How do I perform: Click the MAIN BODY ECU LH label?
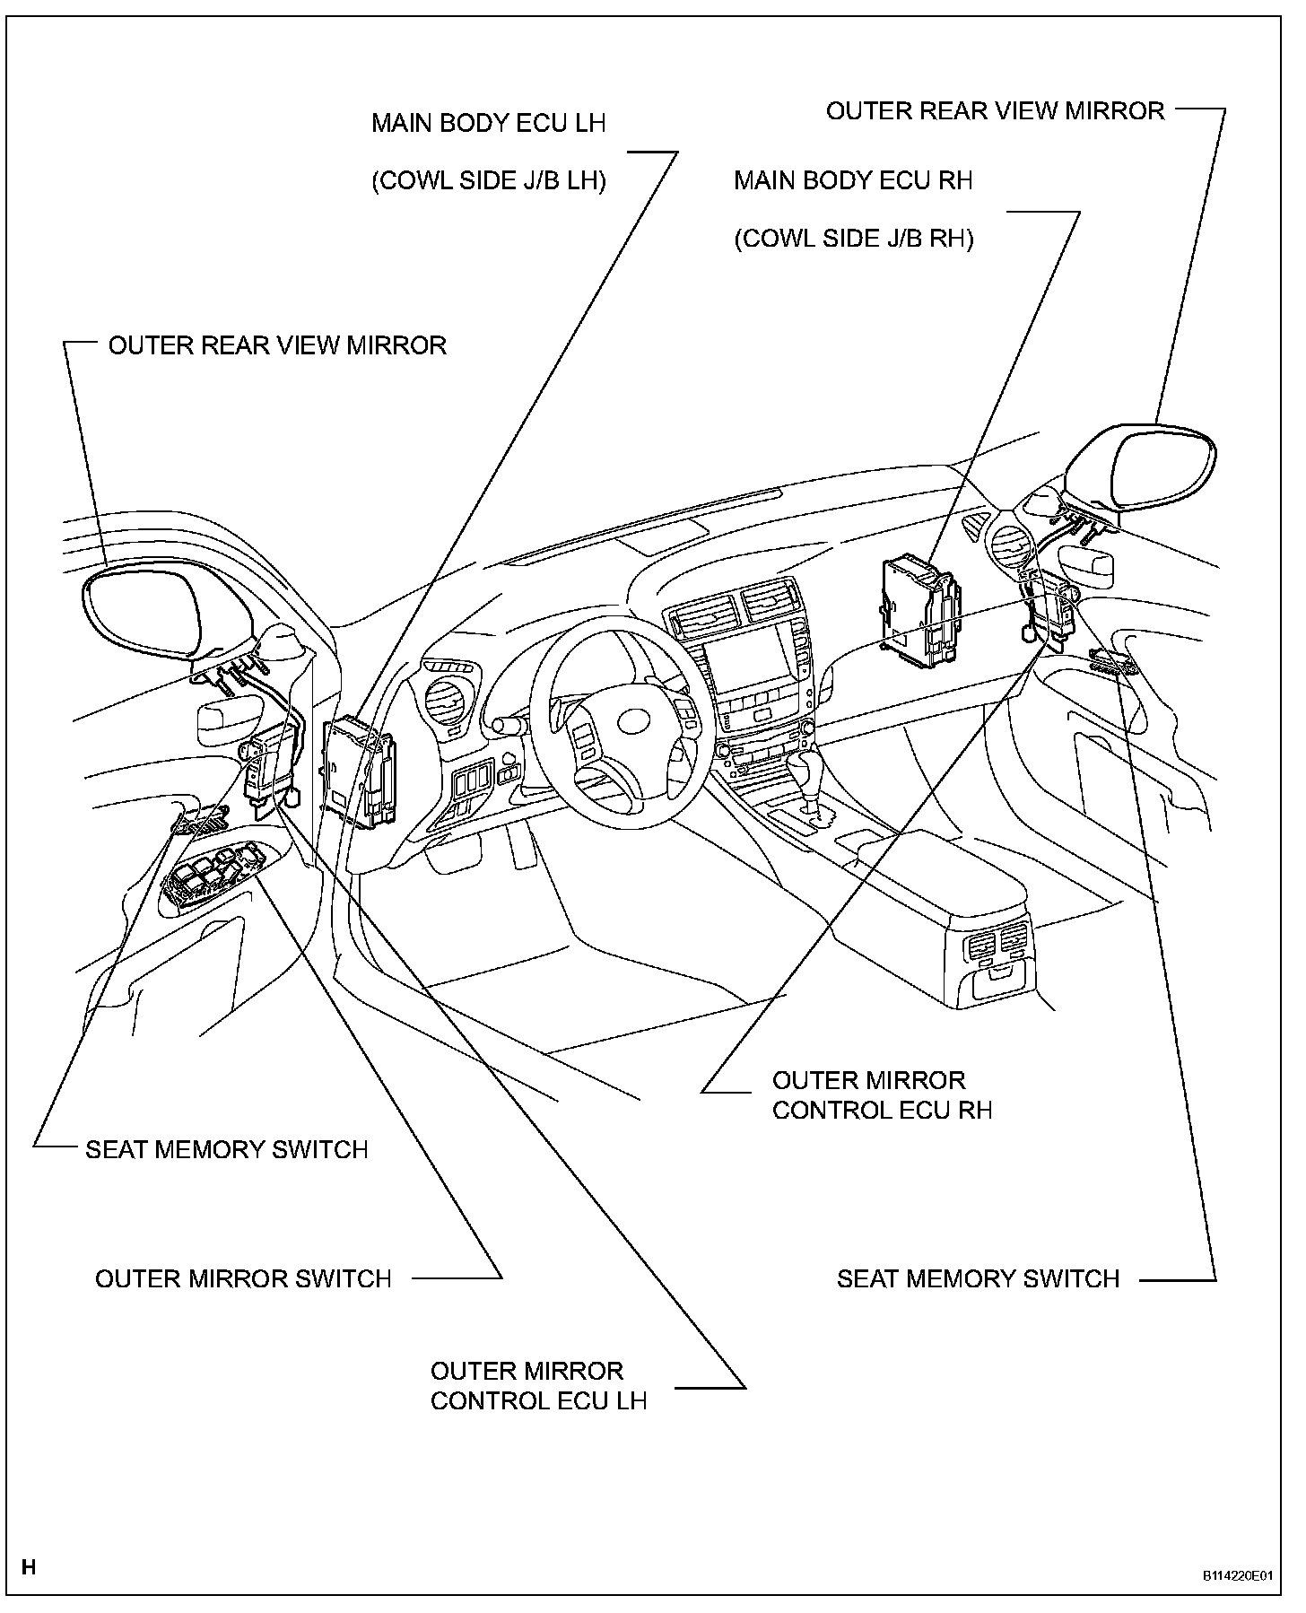pos(489,123)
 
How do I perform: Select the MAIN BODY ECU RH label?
pos(853,180)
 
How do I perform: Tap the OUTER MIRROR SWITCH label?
pos(243,1278)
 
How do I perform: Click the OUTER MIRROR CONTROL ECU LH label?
pos(538,1386)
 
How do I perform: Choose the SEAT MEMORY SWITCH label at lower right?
pos(978,1278)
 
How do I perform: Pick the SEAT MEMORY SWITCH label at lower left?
pos(227,1150)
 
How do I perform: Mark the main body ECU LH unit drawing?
pos(359,772)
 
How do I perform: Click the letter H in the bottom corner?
pos(29,1567)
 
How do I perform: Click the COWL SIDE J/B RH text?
pos(853,240)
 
